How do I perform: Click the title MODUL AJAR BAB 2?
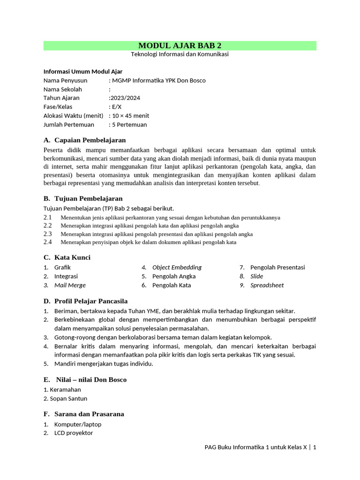coord(180,45)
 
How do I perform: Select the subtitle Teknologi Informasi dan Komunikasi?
coord(180,54)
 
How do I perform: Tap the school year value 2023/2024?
coord(125,98)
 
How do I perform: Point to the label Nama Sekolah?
coord(63,89)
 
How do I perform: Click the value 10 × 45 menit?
coord(130,116)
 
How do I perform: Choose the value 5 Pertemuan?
coord(129,125)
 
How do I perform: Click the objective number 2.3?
coord(48,233)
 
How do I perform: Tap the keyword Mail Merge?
coord(70,285)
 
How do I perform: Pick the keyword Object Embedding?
coord(177,267)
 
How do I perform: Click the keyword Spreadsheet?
coord(267,285)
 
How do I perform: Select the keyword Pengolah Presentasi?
coord(277,267)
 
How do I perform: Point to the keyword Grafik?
coord(62,267)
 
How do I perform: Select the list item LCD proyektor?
coord(74,433)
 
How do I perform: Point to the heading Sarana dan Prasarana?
coord(89,414)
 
